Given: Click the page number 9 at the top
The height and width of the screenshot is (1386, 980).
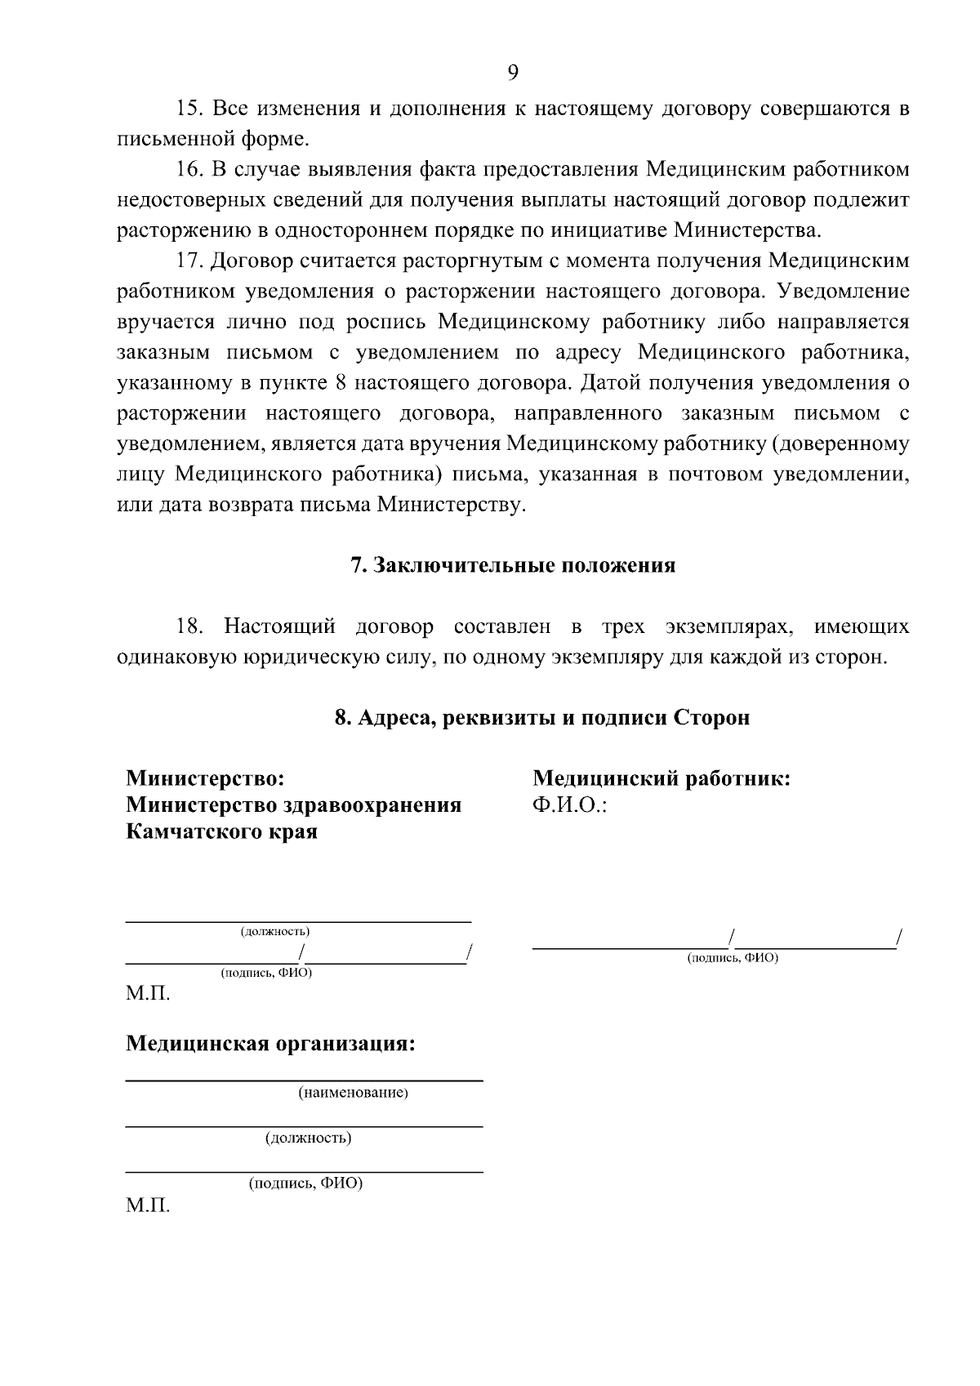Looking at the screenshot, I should [512, 73].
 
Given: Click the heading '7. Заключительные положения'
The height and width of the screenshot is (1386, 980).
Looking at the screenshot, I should [513, 566].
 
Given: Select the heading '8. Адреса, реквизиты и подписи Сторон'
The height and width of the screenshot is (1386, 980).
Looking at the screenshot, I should [542, 718].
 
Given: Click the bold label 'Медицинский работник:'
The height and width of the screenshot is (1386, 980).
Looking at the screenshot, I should [661, 778].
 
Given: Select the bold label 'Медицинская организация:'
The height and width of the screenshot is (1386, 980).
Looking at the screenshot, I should [270, 1044].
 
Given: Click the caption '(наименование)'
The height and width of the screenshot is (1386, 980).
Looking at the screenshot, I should [353, 1093].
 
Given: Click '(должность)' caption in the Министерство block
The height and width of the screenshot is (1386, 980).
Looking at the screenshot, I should [275, 932].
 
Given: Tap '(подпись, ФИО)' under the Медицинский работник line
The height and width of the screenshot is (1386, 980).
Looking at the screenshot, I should [733, 958].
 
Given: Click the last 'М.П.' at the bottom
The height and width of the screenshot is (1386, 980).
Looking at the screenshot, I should [148, 1206].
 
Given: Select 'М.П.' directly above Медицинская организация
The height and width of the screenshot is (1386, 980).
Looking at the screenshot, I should [148, 994].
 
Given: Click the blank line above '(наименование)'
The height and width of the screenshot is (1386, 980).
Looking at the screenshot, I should [303, 1081].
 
